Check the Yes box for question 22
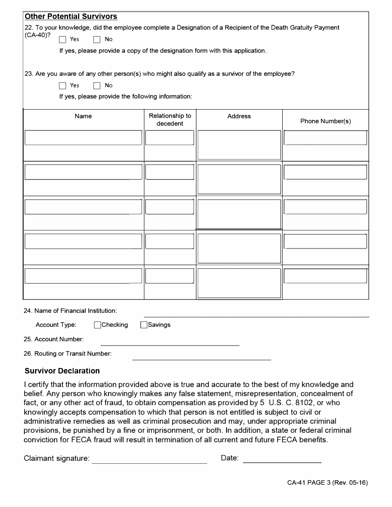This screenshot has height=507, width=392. pyautogui.click(x=62, y=40)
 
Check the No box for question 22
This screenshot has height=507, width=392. pyautogui.click(x=97, y=40)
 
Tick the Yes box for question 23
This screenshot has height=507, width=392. pyautogui.click(x=62, y=86)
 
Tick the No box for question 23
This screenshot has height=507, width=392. pyautogui.click(x=97, y=86)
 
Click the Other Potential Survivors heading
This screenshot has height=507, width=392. pyautogui.click(x=71, y=16)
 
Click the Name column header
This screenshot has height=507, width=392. pyautogui.click(x=83, y=116)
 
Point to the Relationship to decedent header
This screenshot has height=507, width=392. pyautogui.click(x=170, y=120)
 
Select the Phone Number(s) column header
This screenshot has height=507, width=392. pyautogui.click(x=325, y=121)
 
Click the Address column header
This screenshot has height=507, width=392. pyautogui.click(x=239, y=116)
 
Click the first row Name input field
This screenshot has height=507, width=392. pyautogui.click(x=83, y=138)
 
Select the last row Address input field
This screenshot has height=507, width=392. pyautogui.click(x=239, y=283)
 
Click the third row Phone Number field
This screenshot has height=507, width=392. pyautogui.click(x=325, y=207)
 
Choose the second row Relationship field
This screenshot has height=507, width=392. pyautogui.click(x=170, y=172)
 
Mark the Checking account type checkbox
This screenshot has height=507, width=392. pyautogui.click(x=98, y=325)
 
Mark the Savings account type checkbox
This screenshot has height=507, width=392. pyautogui.click(x=144, y=325)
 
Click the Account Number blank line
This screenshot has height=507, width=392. pyautogui.click(x=170, y=342)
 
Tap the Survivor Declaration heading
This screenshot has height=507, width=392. pyautogui.click(x=62, y=371)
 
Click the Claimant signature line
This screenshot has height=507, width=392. pyautogui.click(x=149, y=460)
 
